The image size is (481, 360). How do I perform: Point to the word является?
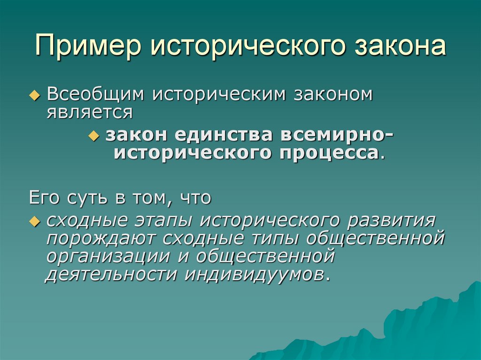click(x=90, y=113)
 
